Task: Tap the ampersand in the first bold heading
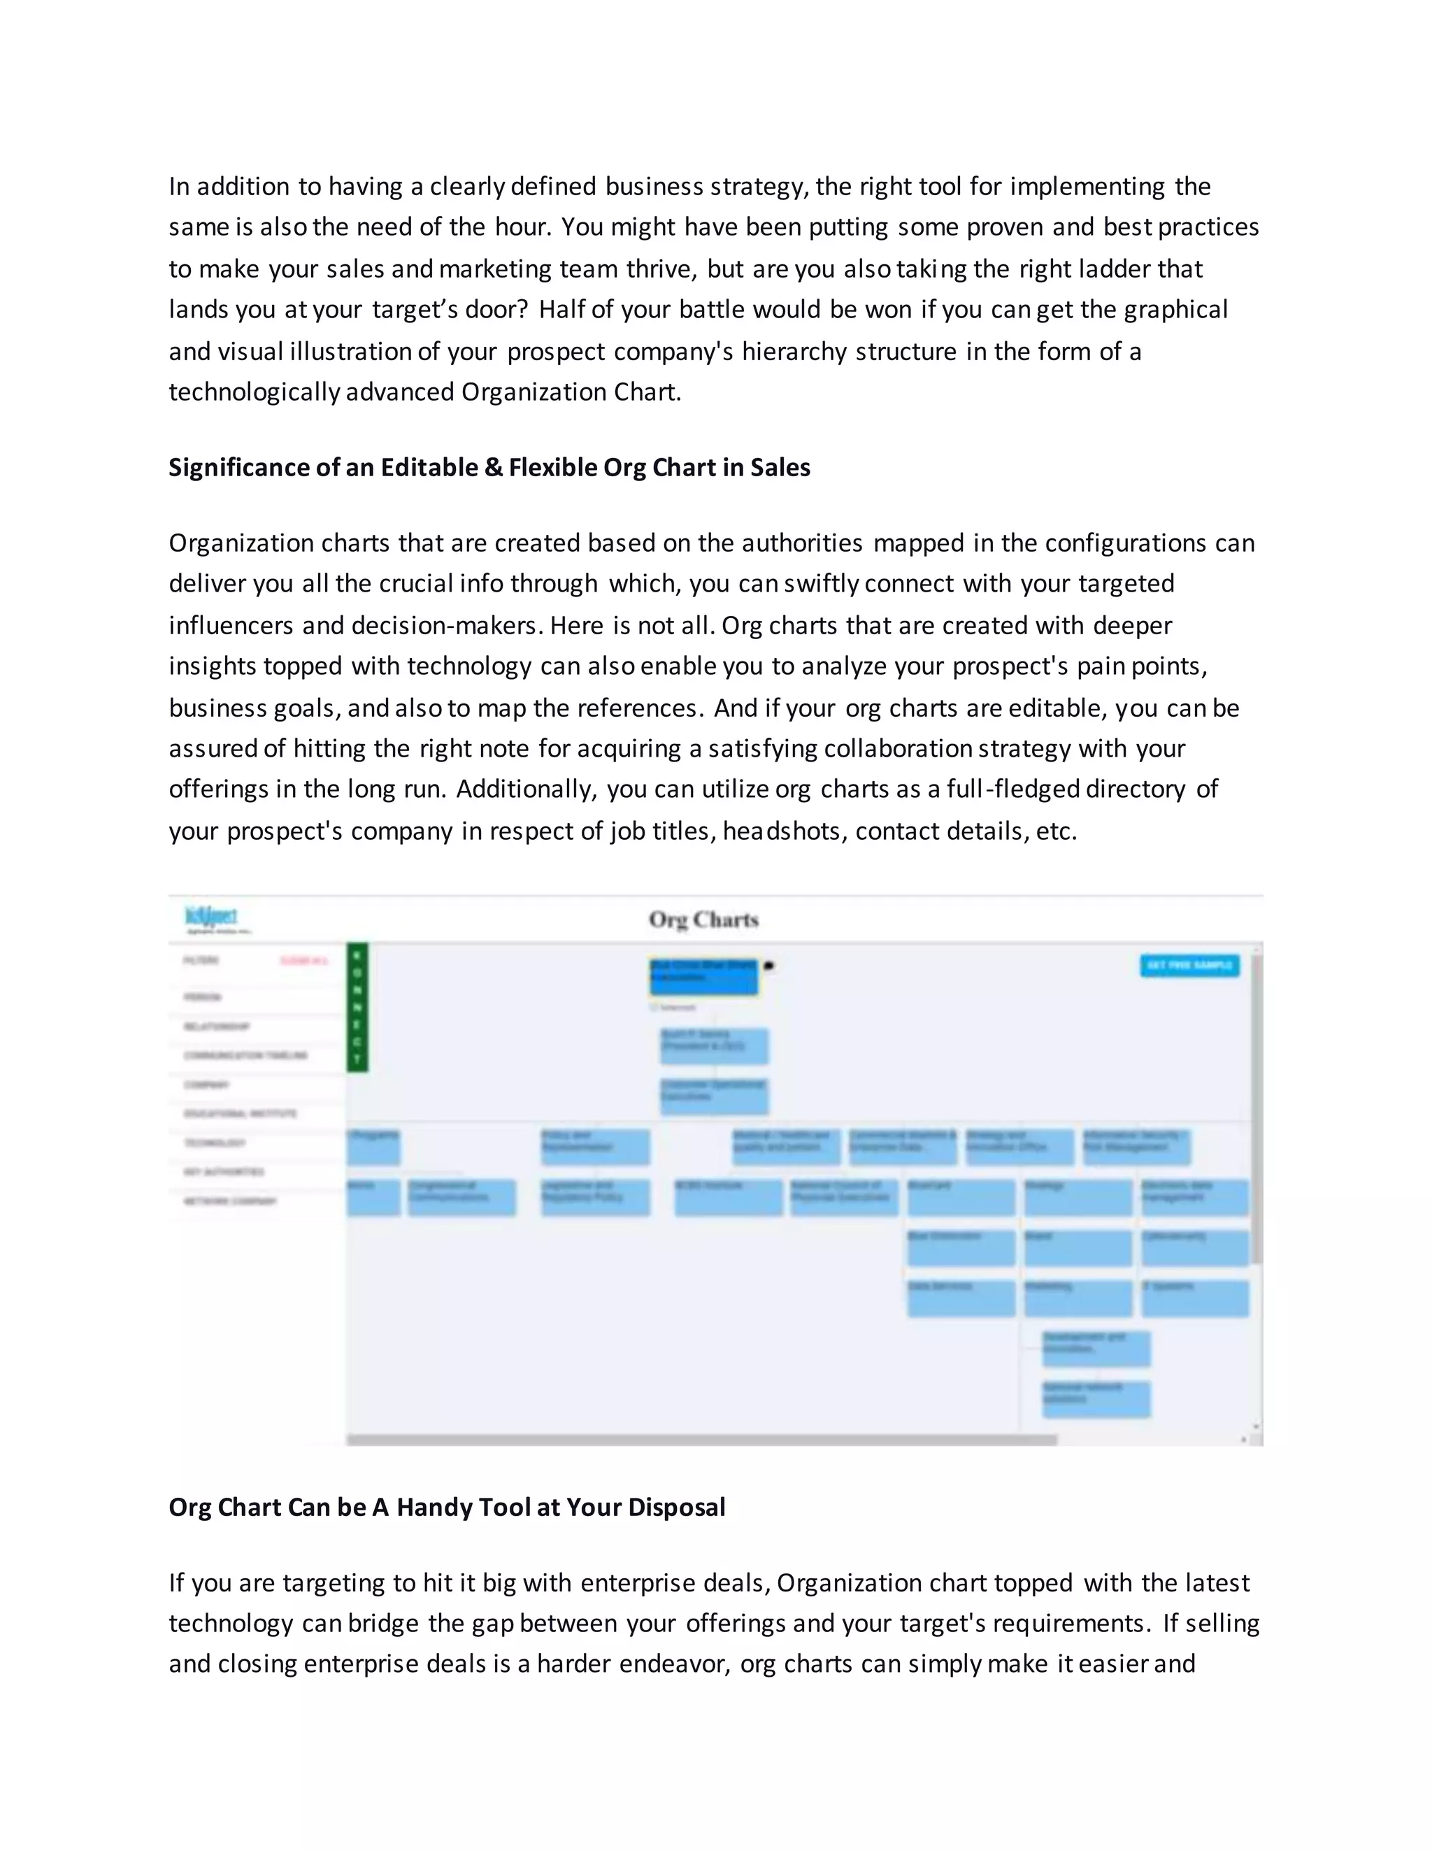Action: (493, 468)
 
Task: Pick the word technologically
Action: (254, 392)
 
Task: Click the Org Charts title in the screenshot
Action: (703, 920)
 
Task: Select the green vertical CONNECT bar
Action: (357, 1007)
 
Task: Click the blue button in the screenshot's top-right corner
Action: (1189, 966)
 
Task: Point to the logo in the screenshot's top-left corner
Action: (212, 919)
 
